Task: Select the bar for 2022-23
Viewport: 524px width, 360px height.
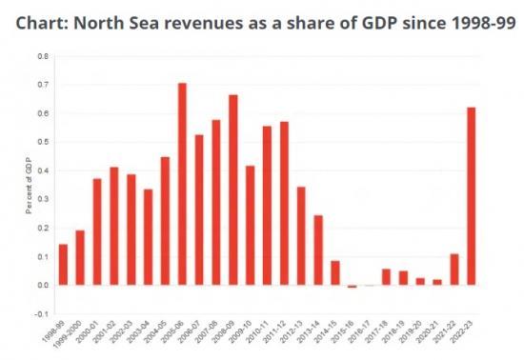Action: [472, 196]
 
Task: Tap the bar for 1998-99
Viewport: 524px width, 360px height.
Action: [63, 265]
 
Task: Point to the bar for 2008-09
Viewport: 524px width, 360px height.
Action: [233, 190]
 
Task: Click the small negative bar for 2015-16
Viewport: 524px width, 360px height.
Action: [353, 286]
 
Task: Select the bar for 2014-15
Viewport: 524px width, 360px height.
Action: [335, 272]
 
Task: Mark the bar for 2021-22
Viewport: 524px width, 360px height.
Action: [454, 270]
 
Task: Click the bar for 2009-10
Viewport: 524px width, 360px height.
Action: [251, 225]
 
